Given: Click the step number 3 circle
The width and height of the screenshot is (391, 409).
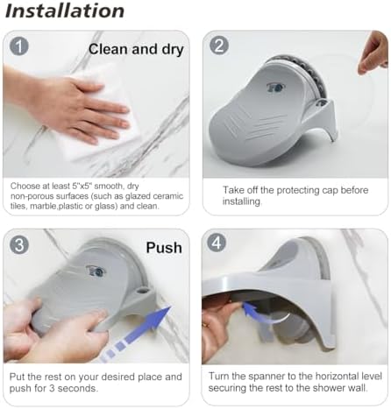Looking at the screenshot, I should point(18,246).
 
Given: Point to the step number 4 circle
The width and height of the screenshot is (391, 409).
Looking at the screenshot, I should point(219,246).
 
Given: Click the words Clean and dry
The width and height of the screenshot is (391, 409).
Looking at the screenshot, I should point(136,50).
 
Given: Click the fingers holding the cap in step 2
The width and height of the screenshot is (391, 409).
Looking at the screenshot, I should point(373,53).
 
